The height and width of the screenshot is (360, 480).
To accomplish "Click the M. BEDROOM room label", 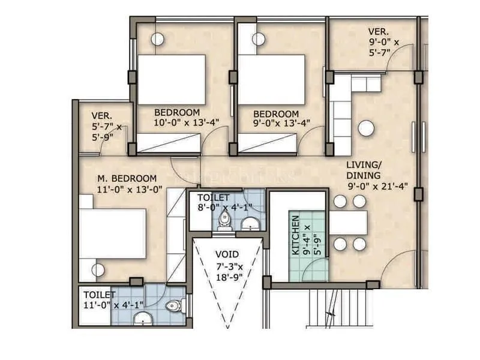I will (127, 178).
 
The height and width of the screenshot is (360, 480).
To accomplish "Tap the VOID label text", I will (227, 253).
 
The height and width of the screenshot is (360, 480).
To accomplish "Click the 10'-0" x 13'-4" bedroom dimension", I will (187, 122).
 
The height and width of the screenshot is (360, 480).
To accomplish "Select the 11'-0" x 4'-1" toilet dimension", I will (113, 304).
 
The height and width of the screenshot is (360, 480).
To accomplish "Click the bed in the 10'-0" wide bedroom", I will (172, 80).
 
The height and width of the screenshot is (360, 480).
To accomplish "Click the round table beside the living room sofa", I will (366, 128).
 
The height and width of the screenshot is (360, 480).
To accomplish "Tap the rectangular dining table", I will (349, 223).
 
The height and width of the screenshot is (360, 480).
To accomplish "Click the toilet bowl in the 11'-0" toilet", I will (173, 306).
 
